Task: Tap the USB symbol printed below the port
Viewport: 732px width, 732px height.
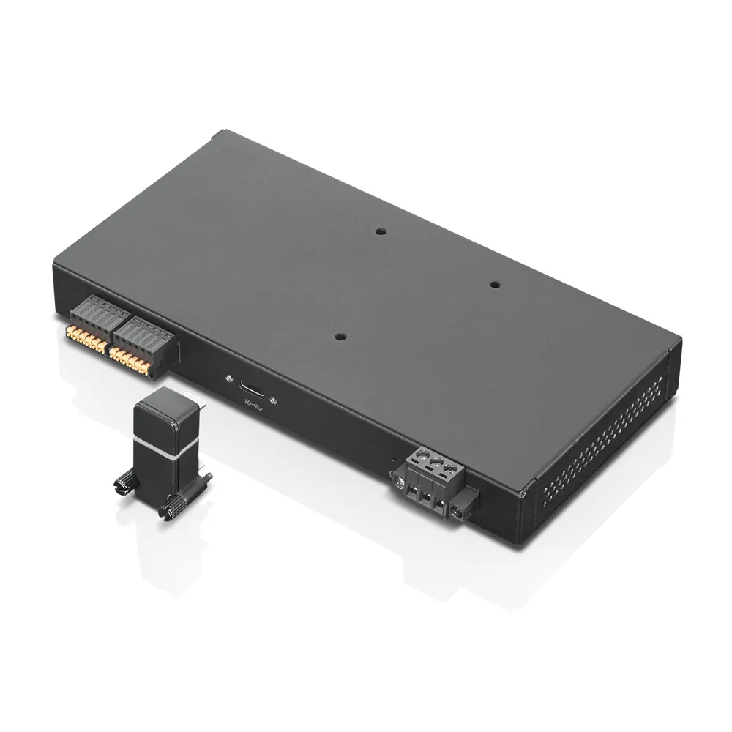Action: pos(253,405)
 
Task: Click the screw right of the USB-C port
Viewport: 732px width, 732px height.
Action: pos(272,400)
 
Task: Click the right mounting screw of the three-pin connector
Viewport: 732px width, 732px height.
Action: pos(459,514)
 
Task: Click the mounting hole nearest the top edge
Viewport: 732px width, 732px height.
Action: pos(380,232)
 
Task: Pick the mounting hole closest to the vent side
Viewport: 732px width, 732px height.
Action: pos(495,284)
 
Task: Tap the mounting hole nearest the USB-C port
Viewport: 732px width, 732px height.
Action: pos(338,335)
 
